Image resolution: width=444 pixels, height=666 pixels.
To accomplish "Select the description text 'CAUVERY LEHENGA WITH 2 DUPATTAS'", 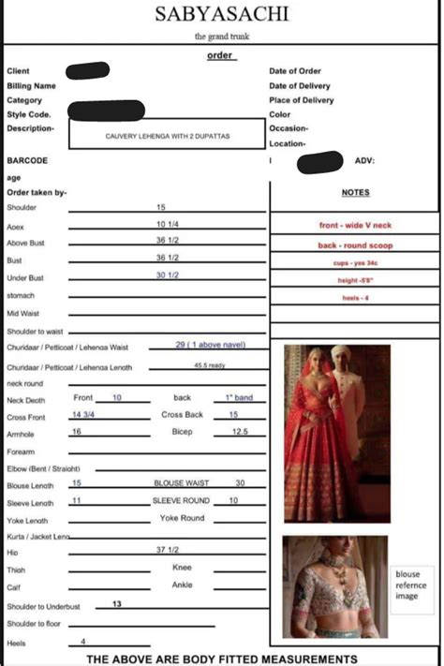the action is [168, 136].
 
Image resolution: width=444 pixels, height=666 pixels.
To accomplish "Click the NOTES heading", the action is [355, 193].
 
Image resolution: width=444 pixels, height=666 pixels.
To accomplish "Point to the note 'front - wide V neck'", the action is [355, 226].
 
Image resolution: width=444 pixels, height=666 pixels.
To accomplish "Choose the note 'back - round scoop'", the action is [355, 245].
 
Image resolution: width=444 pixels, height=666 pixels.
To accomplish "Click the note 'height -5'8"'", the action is [355, 280].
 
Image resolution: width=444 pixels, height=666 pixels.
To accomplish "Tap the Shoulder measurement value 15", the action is [161, 207].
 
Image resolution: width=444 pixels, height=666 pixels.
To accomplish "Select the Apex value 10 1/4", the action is [168, 225].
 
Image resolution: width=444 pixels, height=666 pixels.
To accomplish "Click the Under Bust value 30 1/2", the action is [168, 275].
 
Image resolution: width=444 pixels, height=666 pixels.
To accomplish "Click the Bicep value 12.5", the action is [240, 432].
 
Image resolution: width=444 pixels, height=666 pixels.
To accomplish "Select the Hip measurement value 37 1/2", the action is [168, 550].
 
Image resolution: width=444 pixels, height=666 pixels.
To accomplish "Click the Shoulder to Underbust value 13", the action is [117, 604].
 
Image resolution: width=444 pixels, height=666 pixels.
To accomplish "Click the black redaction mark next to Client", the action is [88, 69].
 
